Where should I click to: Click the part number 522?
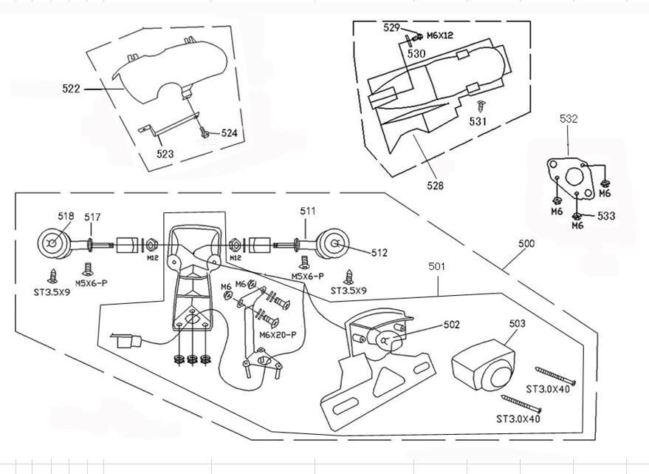71,88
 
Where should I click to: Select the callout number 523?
165,154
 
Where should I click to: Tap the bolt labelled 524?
204,132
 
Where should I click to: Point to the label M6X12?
439,35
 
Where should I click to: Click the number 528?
435,185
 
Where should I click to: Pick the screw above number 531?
481,106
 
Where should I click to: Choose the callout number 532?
569,118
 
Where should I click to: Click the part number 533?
606,216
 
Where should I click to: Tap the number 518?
66,216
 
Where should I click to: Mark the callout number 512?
379,253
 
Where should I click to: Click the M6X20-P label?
278,335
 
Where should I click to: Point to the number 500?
526,243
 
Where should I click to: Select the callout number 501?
436,266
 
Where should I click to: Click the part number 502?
452,325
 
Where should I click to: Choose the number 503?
518,323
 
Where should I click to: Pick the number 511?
308,211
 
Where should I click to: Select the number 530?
416,53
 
